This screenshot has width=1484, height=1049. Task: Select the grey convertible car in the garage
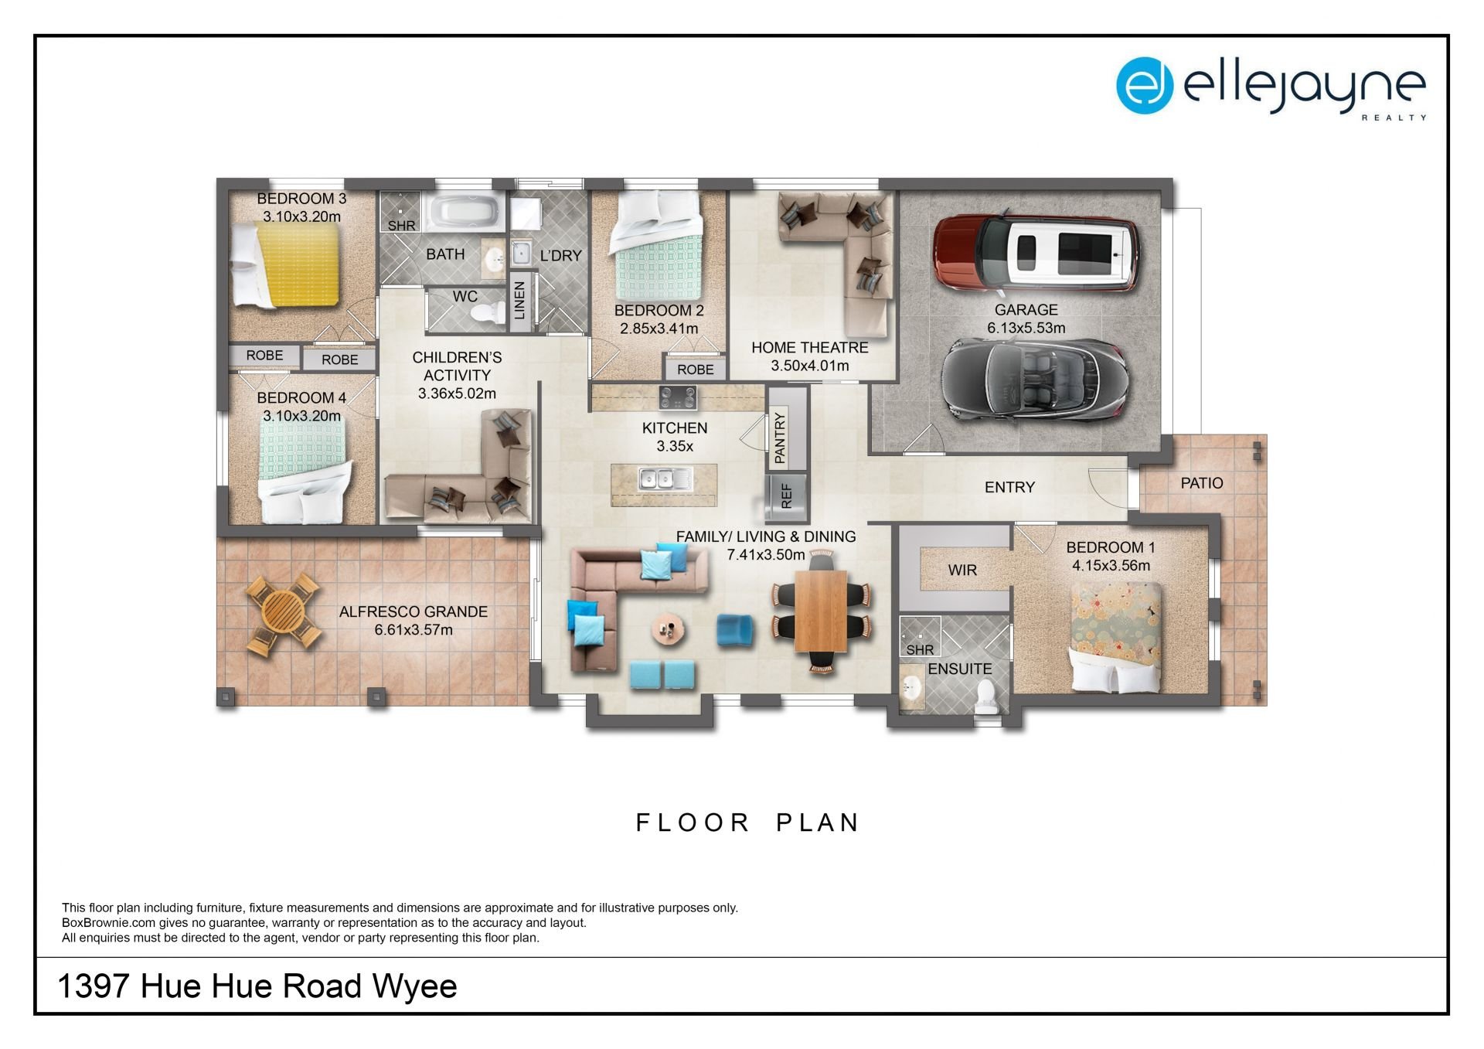(x=1033, y=379)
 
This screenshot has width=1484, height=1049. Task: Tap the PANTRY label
(x=780, y=438)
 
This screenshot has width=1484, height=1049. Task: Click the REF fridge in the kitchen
(x=786, y=497)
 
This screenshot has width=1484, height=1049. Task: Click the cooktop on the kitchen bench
(x=678, y=398)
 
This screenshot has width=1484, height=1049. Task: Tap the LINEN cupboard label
(x=520, y=301)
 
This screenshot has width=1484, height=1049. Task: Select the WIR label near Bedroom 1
(x=962, y=570)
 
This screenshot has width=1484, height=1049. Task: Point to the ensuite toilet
(x=985, y=697)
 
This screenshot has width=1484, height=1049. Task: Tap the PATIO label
(x=1202, y=483)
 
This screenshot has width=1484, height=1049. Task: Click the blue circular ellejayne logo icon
(x=1145, y=86)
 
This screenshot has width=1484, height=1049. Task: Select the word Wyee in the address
(x=415, y=986)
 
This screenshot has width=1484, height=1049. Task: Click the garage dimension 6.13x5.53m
(x=1026, y=328)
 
